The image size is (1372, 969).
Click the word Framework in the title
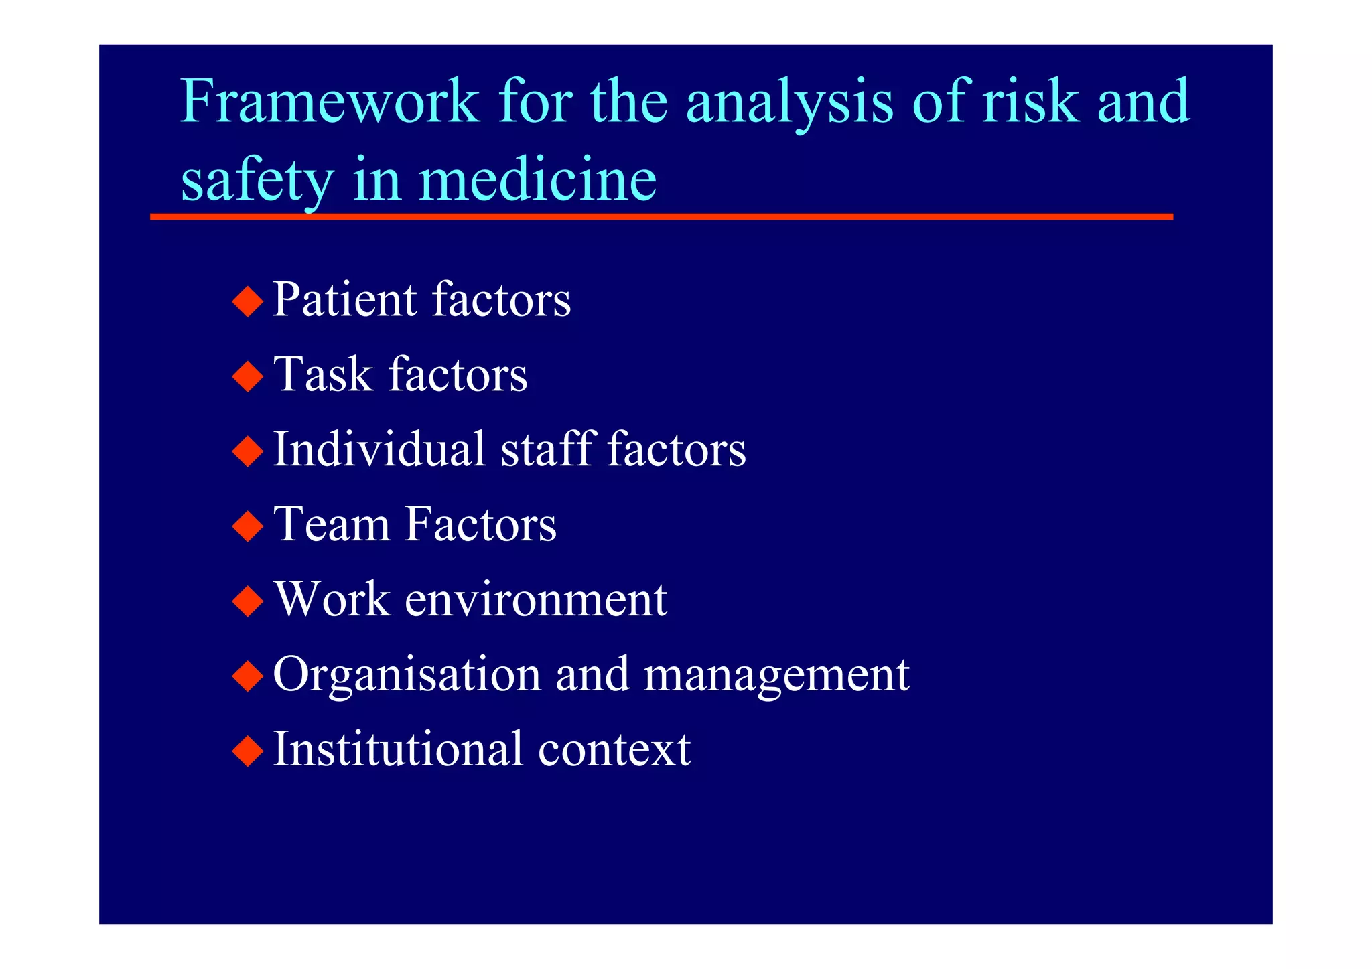pos(330,102)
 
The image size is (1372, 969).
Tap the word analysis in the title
pos(790,102)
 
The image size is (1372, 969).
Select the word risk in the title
pos(1030,102)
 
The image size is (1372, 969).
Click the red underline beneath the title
pos(661,217)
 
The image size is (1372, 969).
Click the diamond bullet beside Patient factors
pos(248,301)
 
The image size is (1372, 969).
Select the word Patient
pos(345,299)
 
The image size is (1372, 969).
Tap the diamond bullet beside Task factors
pos(248,376)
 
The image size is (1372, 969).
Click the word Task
pos(323,374)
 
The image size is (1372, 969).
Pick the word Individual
pos(379,449)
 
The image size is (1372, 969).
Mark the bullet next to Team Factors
pos(248,526)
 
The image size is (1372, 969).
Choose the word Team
pos(332,524)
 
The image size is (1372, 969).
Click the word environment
pos(536,599)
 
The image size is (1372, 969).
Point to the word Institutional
pos(398,749)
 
